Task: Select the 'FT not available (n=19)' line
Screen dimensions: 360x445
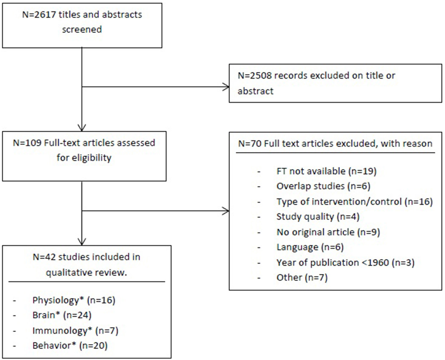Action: [x=326, y=171]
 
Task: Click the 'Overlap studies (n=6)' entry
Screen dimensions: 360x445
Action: [x=323, y=186]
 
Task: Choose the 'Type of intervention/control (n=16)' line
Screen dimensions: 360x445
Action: [x=354, y=202]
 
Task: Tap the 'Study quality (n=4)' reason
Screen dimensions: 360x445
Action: [x=318, y=217]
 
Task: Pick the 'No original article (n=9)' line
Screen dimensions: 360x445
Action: [x=328, y=232]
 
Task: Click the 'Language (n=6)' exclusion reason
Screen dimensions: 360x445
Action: [x=310, y=247]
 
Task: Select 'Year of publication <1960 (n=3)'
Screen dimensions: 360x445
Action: [x=345, y=263]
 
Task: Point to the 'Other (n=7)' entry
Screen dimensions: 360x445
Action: [x=302, y=277]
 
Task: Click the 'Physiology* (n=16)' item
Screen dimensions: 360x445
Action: [x=74, y=300]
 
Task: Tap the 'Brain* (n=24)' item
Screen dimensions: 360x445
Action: [x=62, y=315]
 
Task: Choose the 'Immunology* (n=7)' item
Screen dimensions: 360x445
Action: [x=75, y=330]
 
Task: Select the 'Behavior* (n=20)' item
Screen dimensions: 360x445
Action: [x=70, y=345]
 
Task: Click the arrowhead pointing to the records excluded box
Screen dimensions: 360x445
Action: [x=226, y=87]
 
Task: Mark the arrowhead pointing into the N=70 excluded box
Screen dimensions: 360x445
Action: [x=226, y=211]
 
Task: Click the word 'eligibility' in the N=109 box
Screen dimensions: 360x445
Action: [x=84, y=158]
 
